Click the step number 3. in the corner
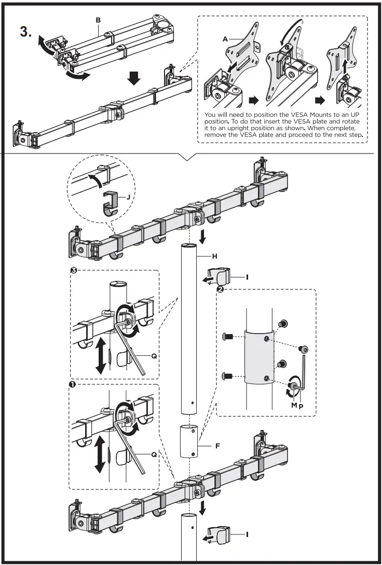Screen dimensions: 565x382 coord(25,31)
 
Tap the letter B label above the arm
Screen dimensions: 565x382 coord(98,20)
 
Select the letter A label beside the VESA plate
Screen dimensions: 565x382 coord(225,38)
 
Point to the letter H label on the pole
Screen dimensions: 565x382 coord(213,256)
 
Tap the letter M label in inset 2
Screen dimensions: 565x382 coord(293,405)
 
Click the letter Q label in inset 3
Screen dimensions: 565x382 coord(154,356)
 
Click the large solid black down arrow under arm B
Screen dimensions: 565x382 coord(134,78)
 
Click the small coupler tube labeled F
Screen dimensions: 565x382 coord(190,441)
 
